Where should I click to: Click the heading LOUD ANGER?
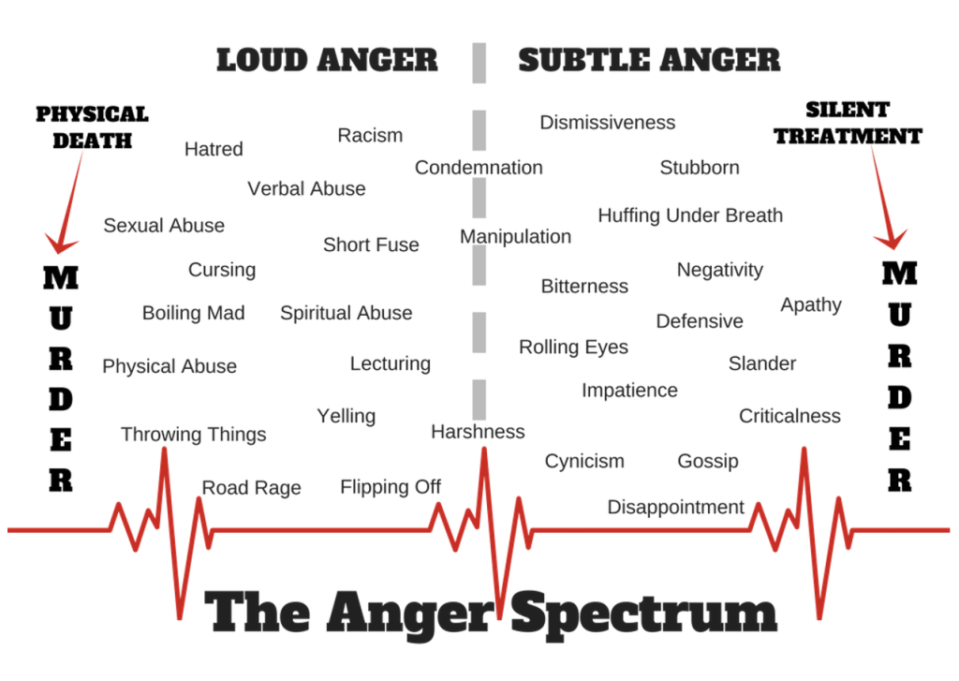327,60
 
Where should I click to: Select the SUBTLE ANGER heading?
649,60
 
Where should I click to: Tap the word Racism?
370,135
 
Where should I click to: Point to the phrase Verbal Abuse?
306,188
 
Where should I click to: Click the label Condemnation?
479,168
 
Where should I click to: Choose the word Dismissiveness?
607,123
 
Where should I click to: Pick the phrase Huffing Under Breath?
690,215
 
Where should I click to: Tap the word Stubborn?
700,168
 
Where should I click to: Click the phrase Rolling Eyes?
573,348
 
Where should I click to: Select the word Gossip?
708,461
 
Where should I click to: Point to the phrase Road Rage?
252,487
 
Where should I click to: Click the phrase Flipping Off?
391,487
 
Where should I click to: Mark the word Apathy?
811,305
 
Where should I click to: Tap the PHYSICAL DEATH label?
92,127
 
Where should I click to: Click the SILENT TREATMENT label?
848,123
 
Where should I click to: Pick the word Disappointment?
675,508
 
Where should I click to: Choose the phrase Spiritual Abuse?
346,314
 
